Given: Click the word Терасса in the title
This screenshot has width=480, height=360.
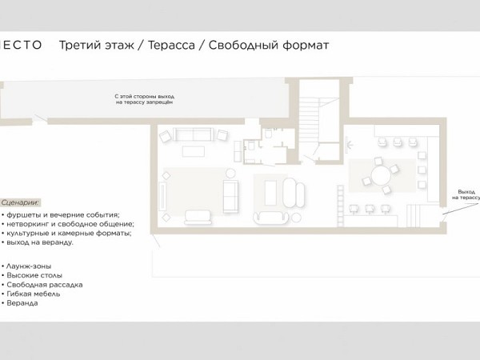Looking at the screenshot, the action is (171, 45).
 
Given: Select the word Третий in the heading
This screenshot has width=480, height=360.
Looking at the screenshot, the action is (81, 45).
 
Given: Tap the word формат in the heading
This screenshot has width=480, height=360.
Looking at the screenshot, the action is (306, 45).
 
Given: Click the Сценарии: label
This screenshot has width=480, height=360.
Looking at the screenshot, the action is (20, 202).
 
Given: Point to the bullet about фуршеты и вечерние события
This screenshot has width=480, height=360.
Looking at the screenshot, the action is (61, 214).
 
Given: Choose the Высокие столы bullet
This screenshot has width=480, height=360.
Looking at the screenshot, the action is (32, 275).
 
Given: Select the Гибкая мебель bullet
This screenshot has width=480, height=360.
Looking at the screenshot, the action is (30, 294).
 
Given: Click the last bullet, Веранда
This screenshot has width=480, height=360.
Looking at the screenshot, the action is (19, 303).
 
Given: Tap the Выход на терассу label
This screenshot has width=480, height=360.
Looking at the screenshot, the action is (466, 194).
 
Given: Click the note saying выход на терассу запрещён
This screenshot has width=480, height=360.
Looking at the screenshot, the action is (145, 99).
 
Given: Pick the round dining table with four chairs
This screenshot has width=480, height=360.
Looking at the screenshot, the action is (381, 175).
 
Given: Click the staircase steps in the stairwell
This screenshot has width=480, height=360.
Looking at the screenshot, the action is (309, 120).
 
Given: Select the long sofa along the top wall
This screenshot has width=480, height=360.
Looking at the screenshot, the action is (193, 134).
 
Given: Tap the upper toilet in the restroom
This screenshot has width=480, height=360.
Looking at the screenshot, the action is (269, 134).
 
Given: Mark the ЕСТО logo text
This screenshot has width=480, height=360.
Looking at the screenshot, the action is (22, 45).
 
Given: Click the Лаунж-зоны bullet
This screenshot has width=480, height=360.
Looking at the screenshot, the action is (26, 266).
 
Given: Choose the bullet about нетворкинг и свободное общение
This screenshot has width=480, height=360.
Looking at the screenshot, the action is (68, 224).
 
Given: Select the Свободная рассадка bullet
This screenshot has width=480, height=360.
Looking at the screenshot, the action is (42, 285).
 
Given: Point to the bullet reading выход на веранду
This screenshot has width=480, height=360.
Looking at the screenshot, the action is (38, 242).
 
